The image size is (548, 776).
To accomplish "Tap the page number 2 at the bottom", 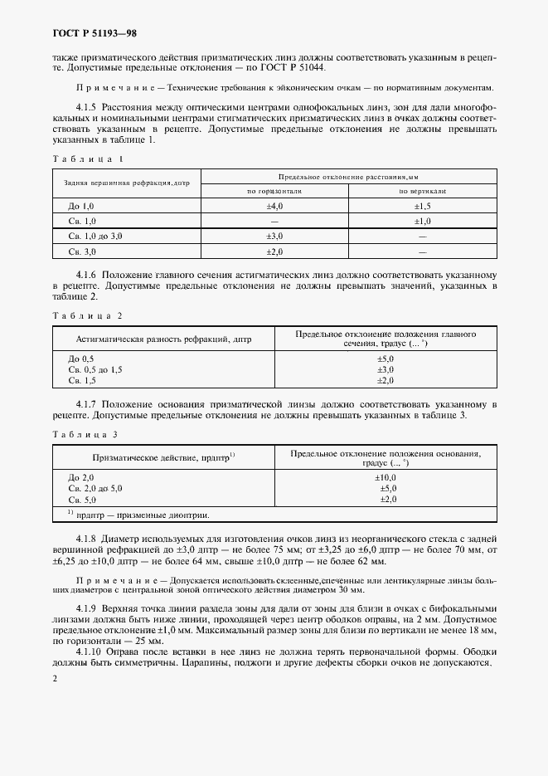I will pos(54,679).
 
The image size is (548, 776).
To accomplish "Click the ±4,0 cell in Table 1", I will pos(274,205).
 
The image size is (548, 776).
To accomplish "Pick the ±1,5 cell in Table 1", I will pos(422,205).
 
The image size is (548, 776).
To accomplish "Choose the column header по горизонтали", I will pos(274,190).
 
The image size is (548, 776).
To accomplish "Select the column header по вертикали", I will pos(422,190).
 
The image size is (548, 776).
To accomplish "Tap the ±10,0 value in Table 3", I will pos(386,477).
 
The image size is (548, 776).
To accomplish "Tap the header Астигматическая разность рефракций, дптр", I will pos(163,339).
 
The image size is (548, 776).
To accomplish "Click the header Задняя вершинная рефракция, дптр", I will pos(127,183).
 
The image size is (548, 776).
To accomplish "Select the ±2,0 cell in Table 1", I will pos(274,251).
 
